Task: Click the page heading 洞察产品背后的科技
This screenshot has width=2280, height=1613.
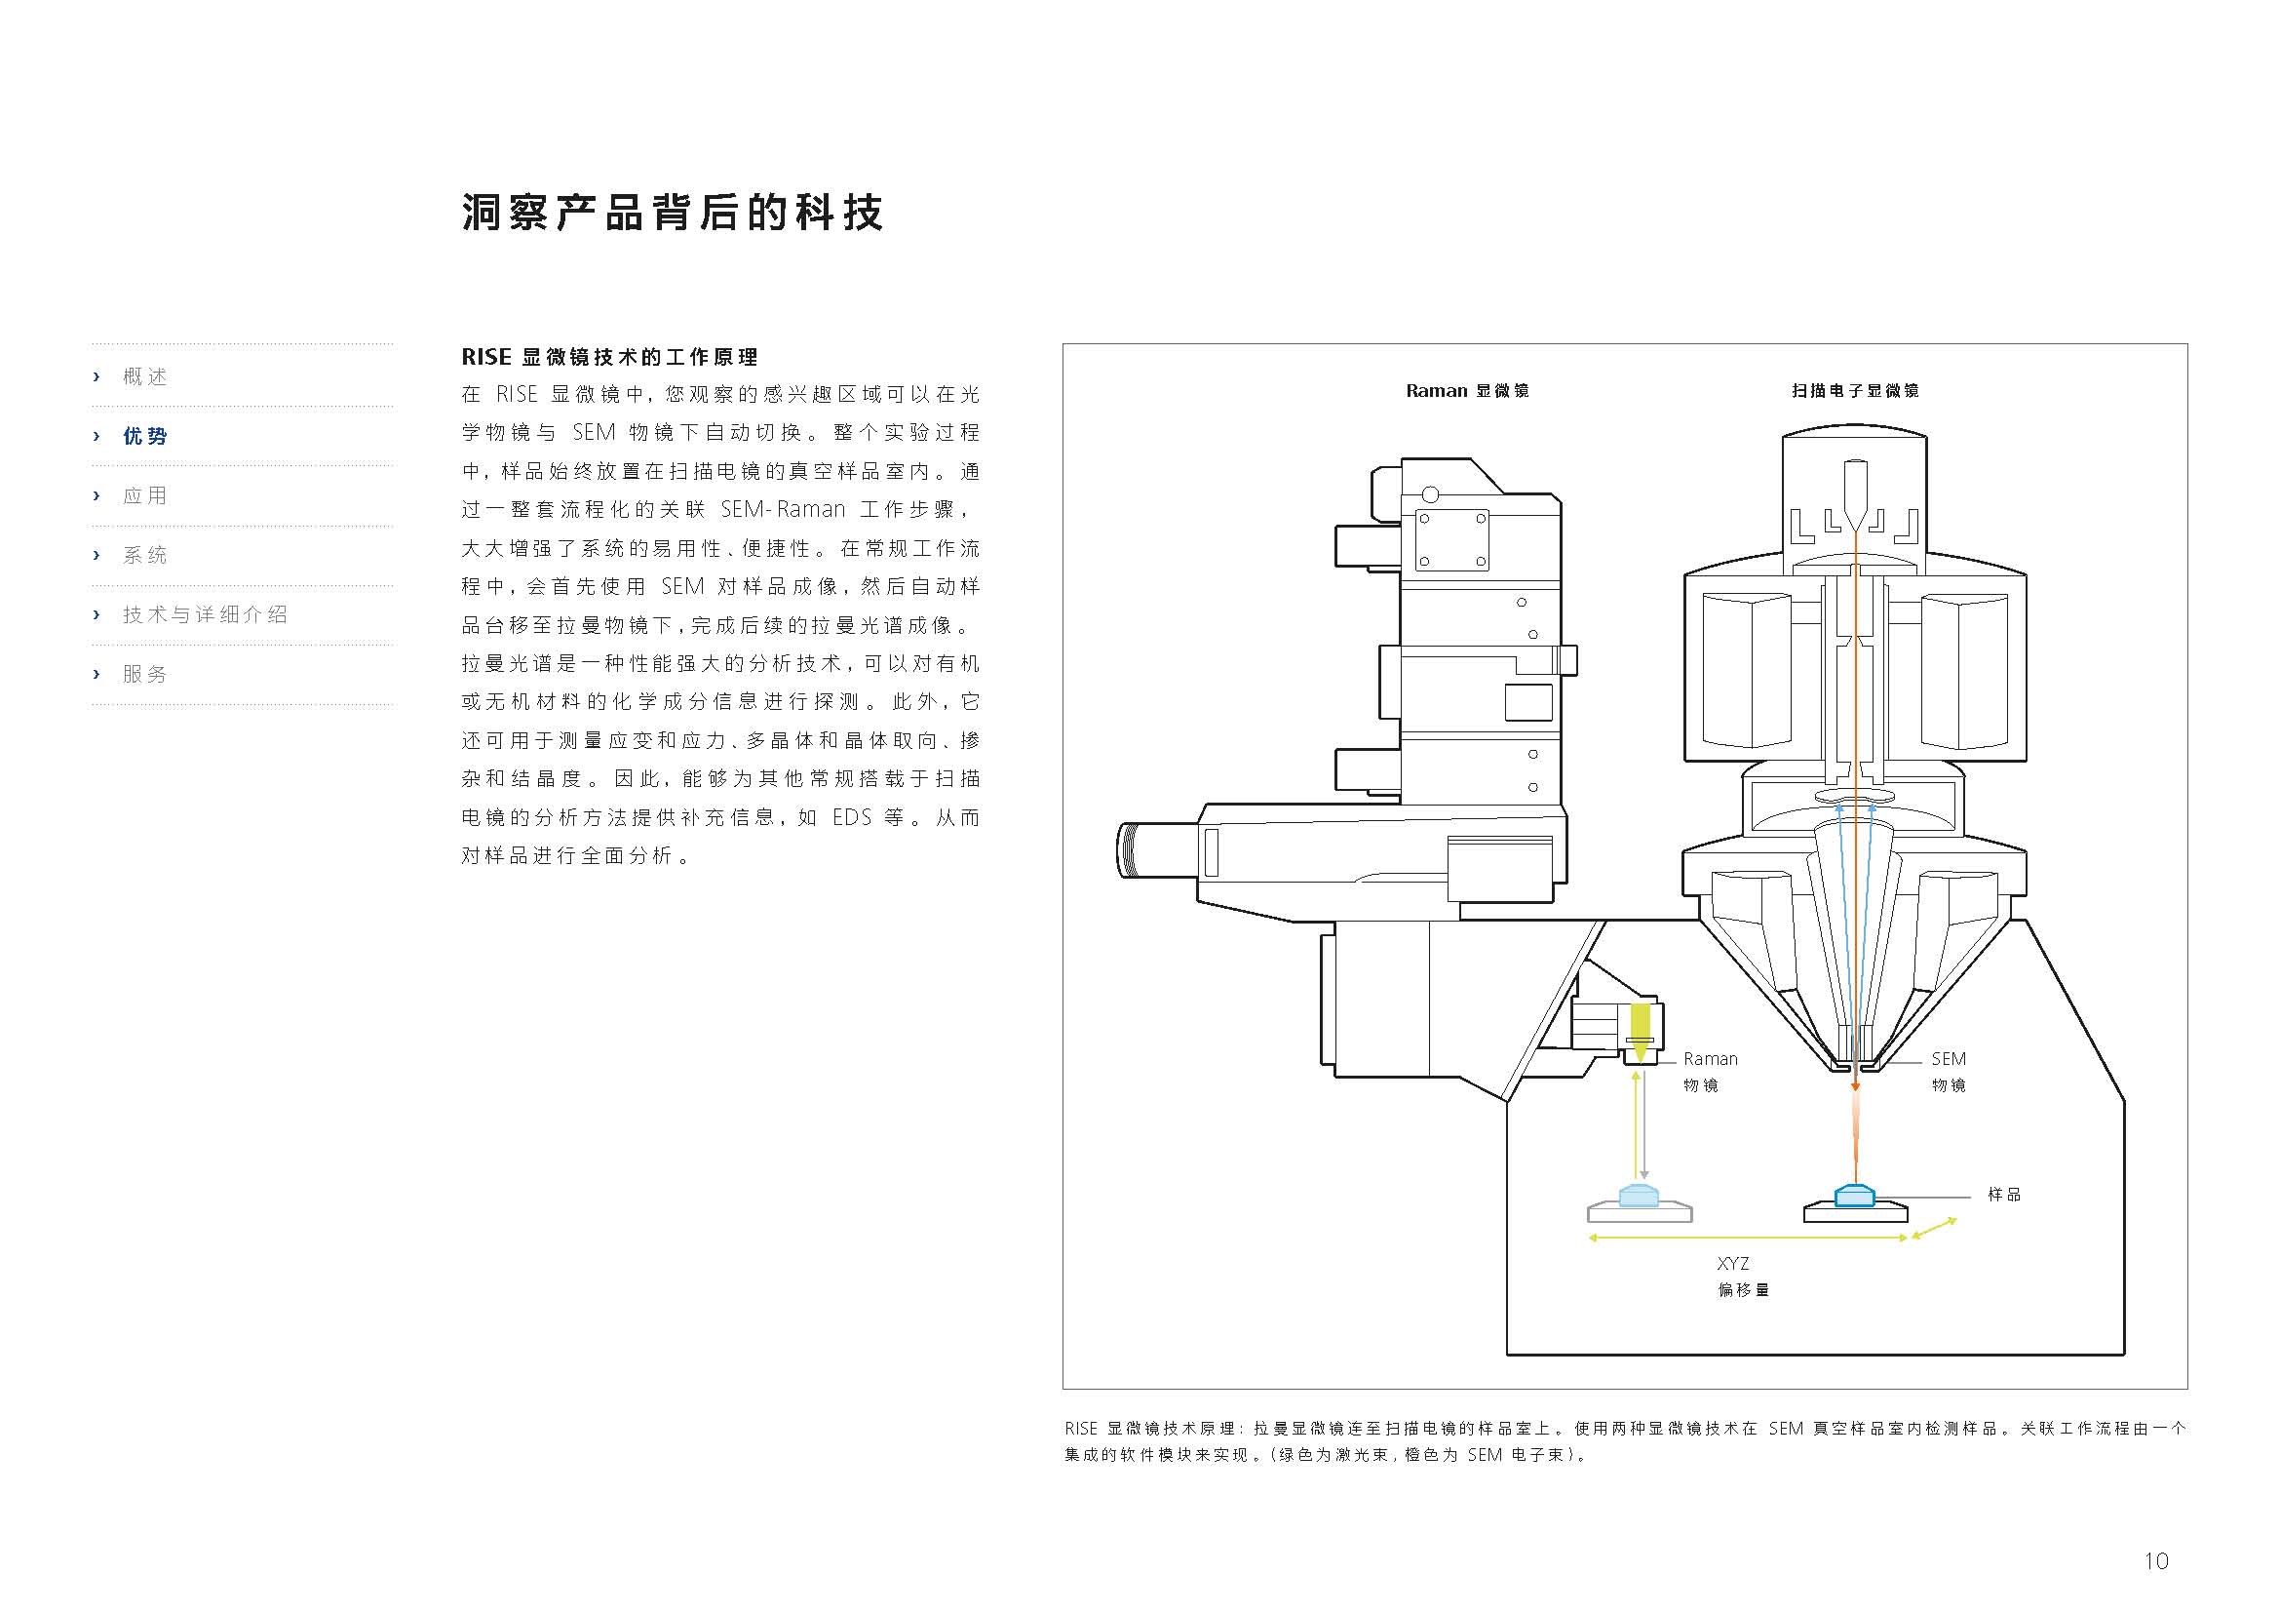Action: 672,213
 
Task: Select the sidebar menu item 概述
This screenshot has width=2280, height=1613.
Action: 145,376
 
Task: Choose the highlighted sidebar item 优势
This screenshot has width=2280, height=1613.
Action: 145,436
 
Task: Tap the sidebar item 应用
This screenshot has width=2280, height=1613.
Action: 145,495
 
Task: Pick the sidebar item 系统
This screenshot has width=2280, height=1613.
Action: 145,555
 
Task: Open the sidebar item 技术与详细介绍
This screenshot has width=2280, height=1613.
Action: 205,614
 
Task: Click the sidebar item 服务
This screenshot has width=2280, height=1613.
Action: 145,675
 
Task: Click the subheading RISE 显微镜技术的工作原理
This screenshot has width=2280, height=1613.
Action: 608,358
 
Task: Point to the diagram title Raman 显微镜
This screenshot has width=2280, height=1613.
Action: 1467,391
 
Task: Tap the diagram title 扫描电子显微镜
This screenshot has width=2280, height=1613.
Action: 1854,391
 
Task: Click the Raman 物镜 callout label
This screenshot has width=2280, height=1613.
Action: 1709,1072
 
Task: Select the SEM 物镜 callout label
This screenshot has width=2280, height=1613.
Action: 1948,1072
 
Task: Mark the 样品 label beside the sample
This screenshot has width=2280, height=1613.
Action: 2003,1195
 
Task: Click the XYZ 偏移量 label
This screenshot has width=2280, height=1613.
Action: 1742,1277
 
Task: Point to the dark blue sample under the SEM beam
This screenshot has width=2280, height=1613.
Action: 1854,1195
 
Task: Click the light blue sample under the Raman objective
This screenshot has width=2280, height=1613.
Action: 1639,1195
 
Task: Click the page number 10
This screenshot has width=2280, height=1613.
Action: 2155,1561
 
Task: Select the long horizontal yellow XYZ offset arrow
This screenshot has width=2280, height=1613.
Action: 1748,1238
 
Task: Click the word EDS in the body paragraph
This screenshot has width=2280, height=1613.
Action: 852,817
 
